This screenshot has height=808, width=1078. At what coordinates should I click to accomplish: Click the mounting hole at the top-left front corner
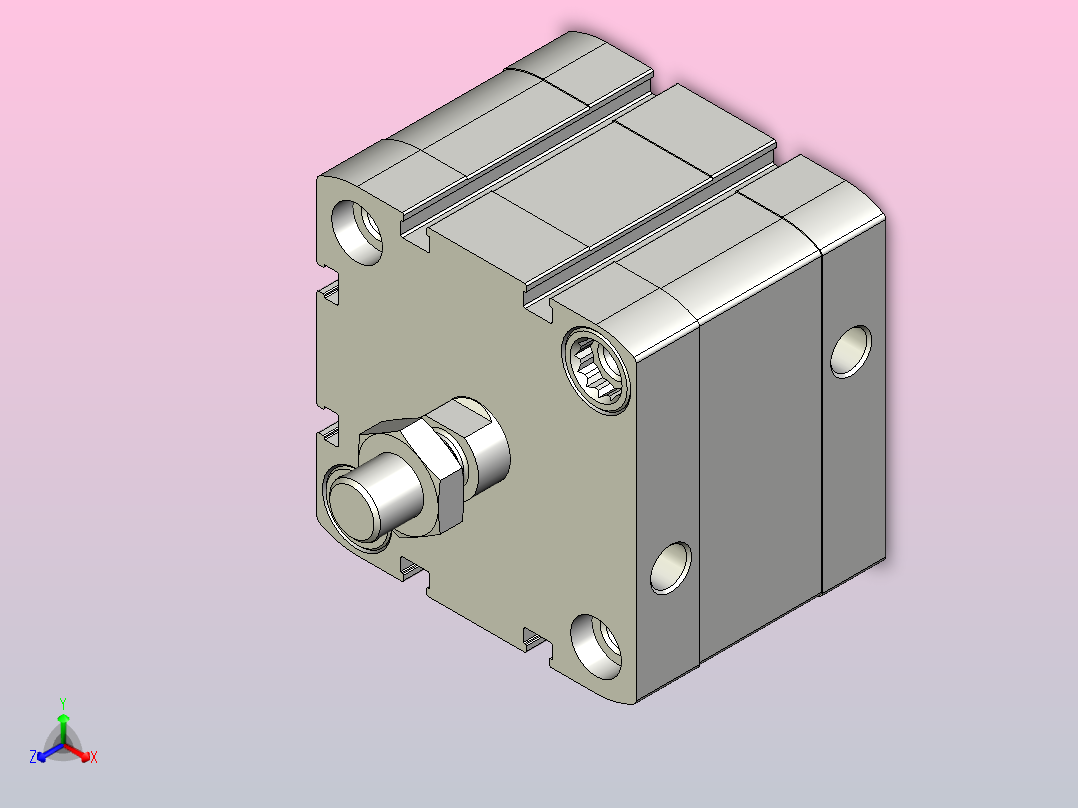point(357,232)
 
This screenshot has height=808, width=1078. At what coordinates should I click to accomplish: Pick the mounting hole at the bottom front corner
point(596,646)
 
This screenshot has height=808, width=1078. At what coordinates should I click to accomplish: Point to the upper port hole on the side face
point(850,351)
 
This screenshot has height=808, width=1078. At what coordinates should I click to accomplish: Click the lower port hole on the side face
point(670,568)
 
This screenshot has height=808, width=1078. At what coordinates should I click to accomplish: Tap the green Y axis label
point(63,703)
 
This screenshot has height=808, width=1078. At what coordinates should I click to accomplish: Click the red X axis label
point(94,757)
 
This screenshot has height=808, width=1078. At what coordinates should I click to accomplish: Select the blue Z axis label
point(33,757)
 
